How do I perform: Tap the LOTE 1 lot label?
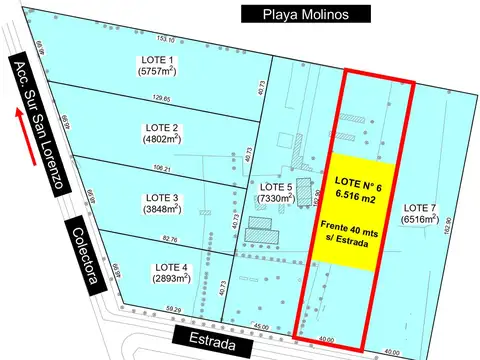click(x=158, y=60)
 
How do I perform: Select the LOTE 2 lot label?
click(x=160, y=128)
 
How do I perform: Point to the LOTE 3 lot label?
click(x=160, y=197)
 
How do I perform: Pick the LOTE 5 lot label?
click(x=275, y=187)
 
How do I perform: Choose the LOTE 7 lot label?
click(x=419, y=206)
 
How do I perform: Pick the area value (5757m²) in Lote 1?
click(x=158, y=72)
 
